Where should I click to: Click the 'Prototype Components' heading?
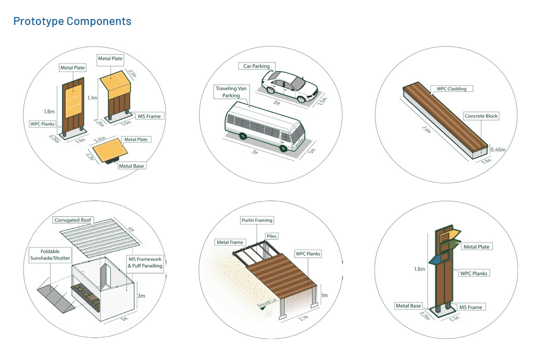72,21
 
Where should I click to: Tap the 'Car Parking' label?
256,66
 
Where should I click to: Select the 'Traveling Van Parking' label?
231,92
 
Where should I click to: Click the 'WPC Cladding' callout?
451,88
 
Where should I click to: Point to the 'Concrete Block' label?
481,116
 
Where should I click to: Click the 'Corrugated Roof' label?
72,220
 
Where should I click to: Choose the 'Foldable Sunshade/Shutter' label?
50,255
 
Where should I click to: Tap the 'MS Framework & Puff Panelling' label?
145,262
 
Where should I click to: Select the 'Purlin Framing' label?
257,220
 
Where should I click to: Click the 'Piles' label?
271,236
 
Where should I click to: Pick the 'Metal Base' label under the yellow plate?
131,166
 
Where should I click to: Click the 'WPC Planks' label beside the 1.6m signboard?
42,124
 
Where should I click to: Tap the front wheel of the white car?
301,99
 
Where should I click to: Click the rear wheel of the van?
243,136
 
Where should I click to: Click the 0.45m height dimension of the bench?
497,149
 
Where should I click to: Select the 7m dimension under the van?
254,151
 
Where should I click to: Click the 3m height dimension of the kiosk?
141,295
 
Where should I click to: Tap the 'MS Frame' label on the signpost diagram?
470,307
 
